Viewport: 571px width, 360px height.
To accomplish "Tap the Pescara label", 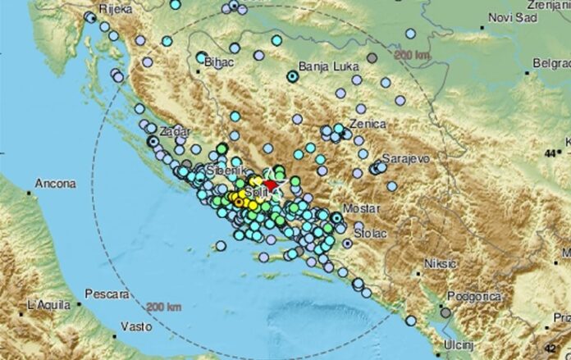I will point(104,293).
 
